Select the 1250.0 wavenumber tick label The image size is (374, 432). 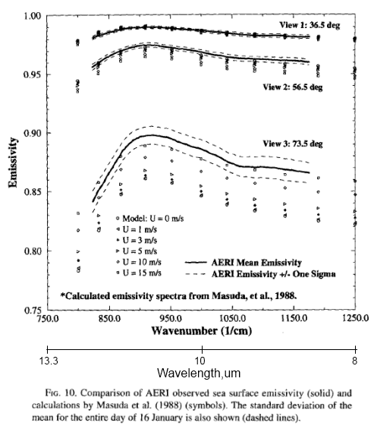tap(354, 319)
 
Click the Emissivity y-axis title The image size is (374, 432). tap(13, 164)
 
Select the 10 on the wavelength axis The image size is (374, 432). tap(200, 360)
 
